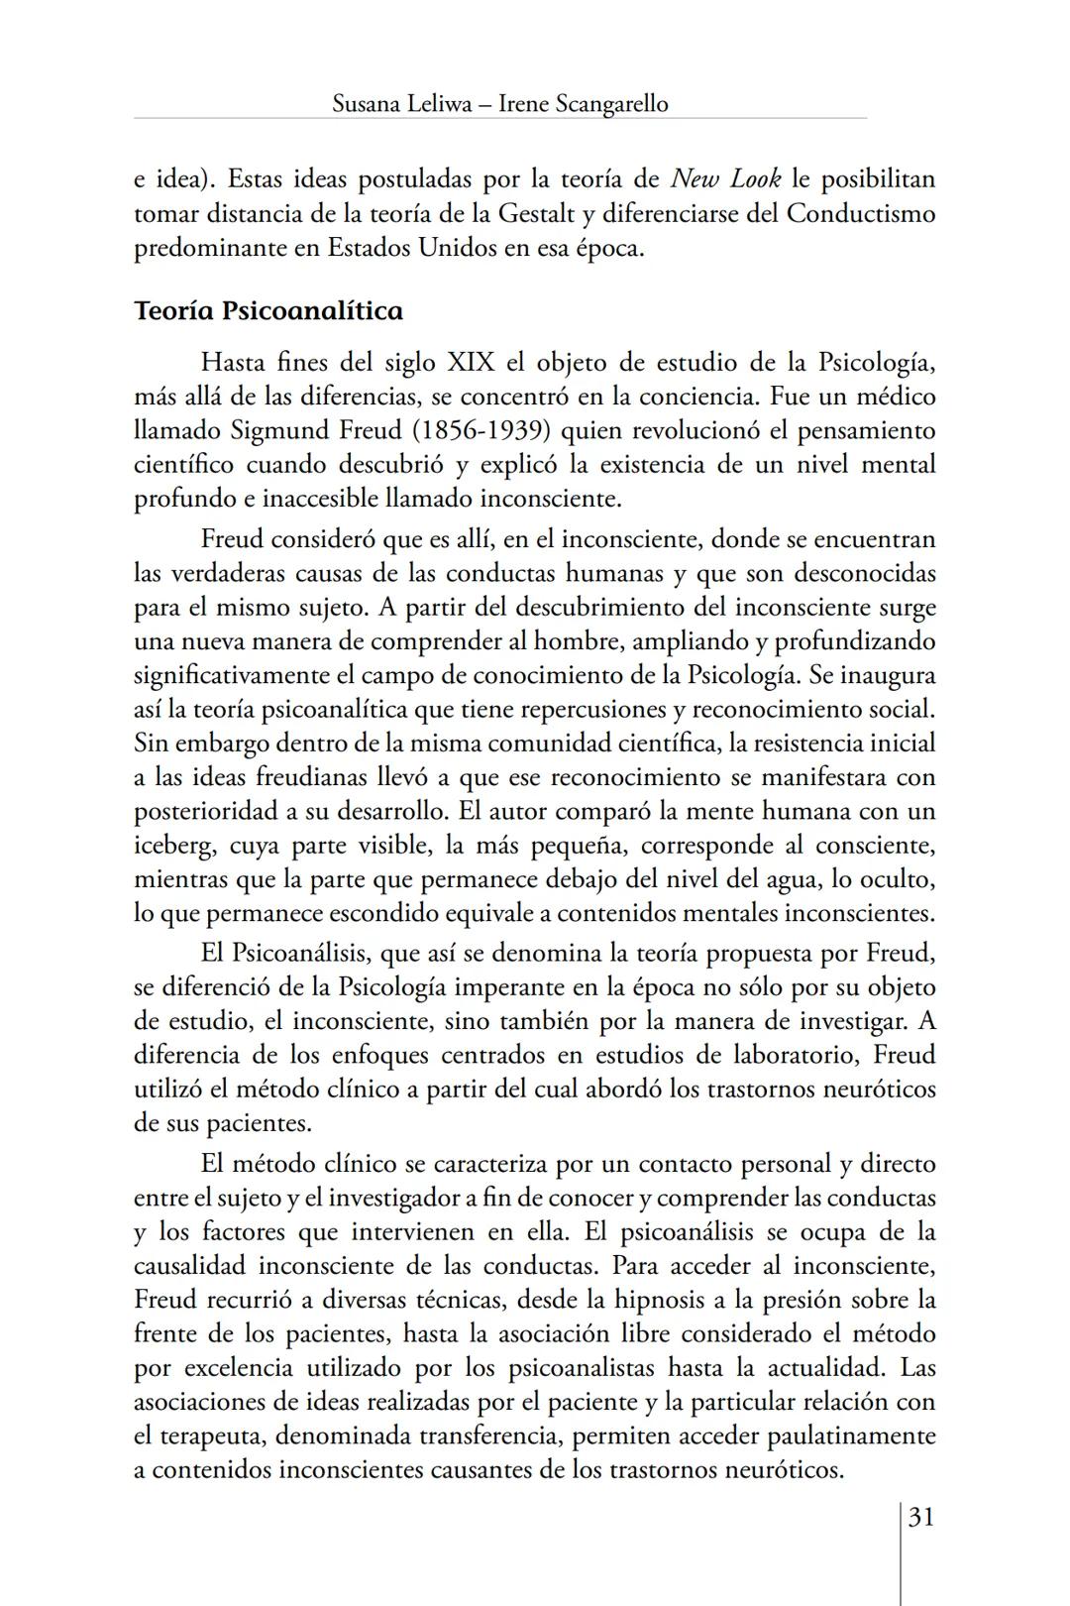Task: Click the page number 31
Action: (920, 1518)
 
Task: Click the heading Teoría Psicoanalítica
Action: (267, 311)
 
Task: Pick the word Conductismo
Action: (860, 213)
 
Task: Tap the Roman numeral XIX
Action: (470, 362)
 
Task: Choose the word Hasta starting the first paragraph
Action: (234, 362)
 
